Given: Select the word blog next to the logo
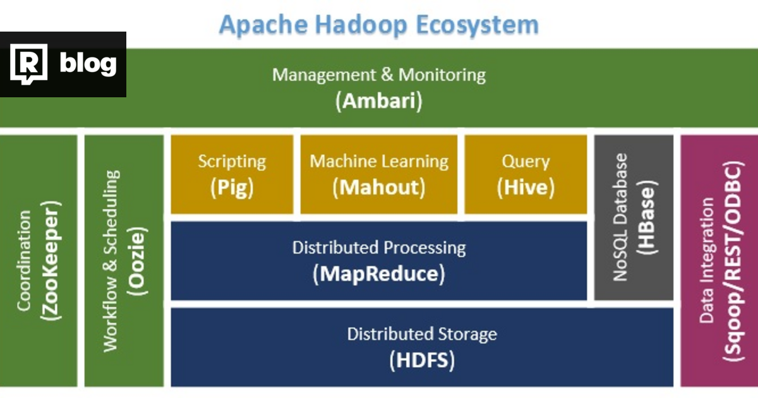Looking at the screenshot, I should coord(88,64).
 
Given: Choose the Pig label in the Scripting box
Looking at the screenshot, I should coord(232,188).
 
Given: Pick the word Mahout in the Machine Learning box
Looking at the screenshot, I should coord(379,188).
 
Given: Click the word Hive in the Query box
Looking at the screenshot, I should coord(526,188).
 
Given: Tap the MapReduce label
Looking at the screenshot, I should coord(379,274).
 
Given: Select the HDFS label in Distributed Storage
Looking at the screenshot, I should coord(422,361).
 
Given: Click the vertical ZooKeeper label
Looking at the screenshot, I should coord(50,260).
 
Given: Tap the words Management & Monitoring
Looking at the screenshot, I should coord(379,75).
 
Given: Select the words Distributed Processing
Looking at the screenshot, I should coord(379,248).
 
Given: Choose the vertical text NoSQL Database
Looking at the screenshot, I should coord(620,217).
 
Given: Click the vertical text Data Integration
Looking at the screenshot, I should coord(706,260).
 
